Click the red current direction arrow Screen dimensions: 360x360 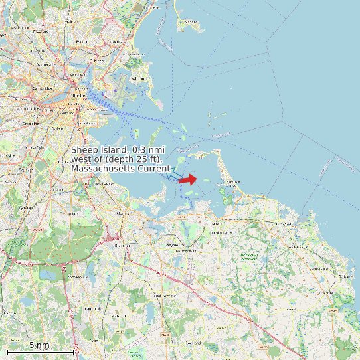coord(188,179)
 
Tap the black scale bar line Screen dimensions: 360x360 coord(40,351)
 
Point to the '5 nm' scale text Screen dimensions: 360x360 coord(39,345)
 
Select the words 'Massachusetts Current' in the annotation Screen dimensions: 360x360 coord(120,169)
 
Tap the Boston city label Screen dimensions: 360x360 coord(78,95)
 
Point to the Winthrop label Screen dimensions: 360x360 coord(140,78)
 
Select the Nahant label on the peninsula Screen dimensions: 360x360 coord(191,21)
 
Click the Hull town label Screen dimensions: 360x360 coord(200,157)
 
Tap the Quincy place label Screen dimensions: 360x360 coord(124,213)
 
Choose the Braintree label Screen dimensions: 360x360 coord(122,246)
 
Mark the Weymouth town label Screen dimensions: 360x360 coord(174,245)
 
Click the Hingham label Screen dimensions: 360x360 coord(213,223)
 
